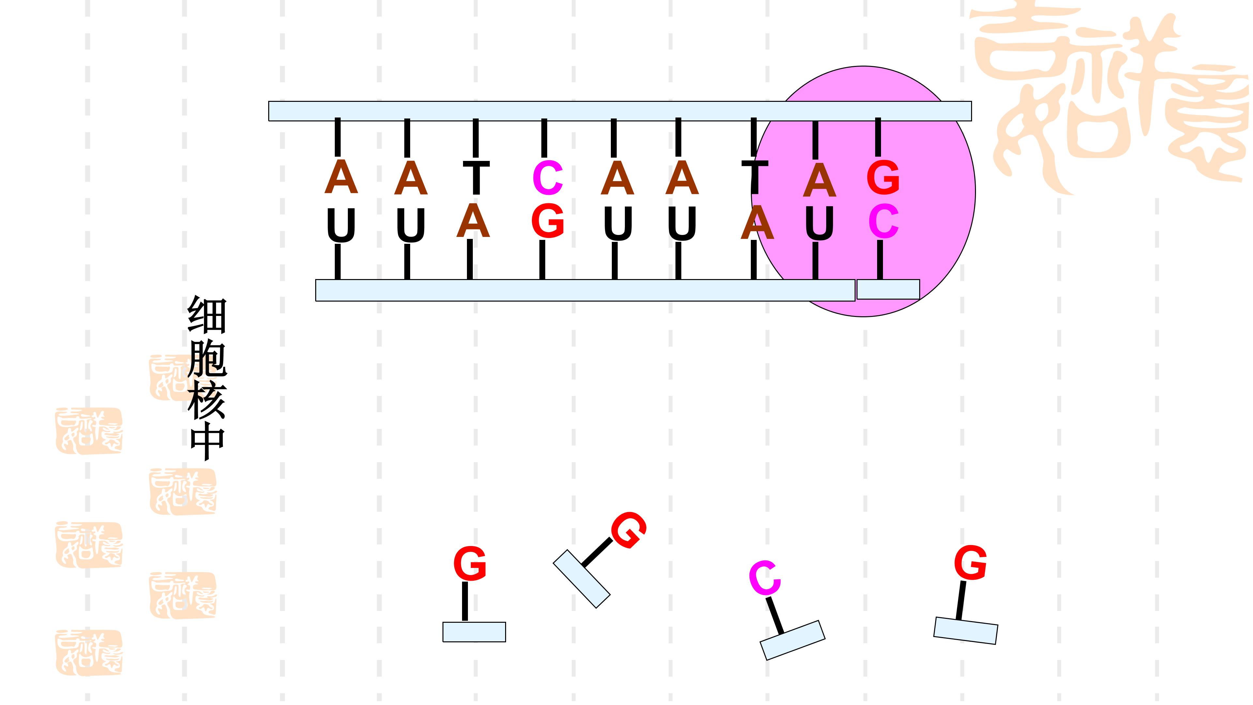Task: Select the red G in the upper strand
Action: [883, 178]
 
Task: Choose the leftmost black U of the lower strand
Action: [341, 225]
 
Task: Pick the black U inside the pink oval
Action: [819, 224]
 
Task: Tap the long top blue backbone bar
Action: [620, 111]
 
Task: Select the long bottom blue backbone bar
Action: [585, 290]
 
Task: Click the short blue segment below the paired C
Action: [888, 290]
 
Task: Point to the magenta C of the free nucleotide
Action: [765, 578]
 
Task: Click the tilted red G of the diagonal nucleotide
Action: [628, 530]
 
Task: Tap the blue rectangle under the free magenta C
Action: [792, 640]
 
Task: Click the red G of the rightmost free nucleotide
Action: [970, 563]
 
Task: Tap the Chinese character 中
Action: [207, 442]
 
